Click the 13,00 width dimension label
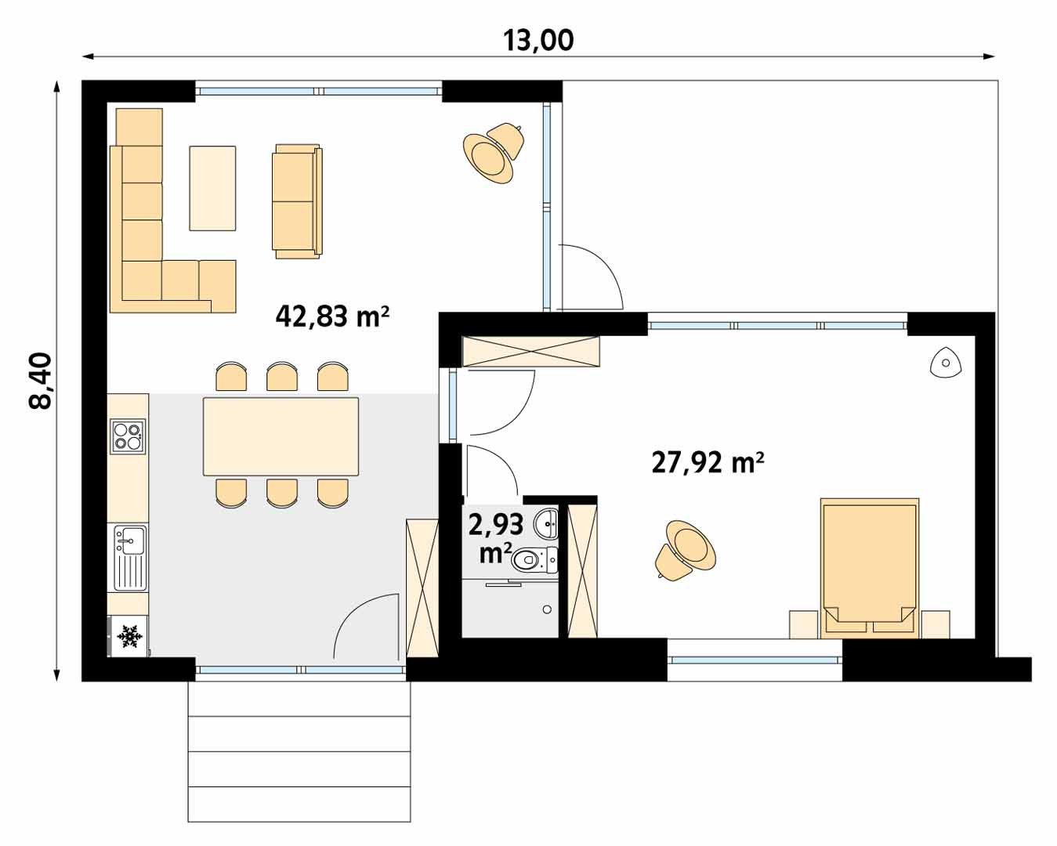[538, 40]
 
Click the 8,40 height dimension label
[40, 381]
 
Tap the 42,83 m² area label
[332, 316]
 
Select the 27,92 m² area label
[708, 462]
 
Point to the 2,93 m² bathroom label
[495, 537]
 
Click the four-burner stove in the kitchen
[128, 436]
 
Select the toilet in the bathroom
[534, 559]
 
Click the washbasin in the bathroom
[548, 522]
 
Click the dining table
[281, 436]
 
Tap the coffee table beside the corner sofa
[212, 188]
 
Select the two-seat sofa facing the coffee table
[297, 201]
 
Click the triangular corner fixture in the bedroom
[946, 363]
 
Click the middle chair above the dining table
[282, 377]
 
